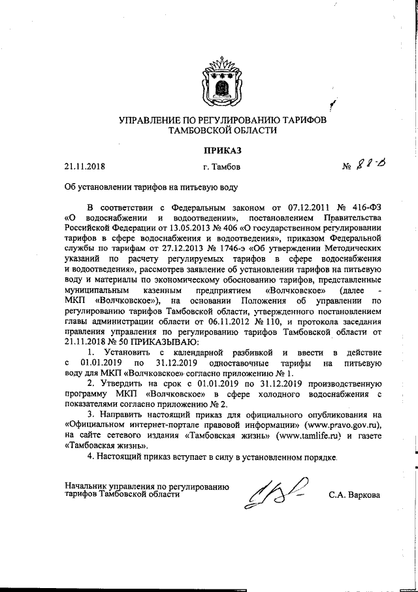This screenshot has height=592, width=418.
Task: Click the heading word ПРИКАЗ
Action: [x=221, y=151]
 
